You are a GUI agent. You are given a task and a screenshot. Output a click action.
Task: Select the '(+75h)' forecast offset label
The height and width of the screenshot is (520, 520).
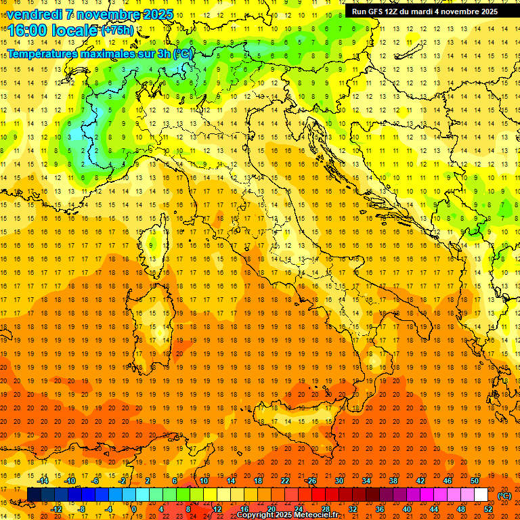coord(117,30)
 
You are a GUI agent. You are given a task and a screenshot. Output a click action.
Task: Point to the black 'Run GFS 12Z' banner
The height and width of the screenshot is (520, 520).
coord(425,11)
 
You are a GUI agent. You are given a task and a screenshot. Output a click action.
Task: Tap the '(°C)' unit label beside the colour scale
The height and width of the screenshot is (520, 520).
coord(505,495)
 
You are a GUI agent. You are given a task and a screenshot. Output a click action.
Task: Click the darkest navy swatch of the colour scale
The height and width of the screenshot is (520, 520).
coord(34,495)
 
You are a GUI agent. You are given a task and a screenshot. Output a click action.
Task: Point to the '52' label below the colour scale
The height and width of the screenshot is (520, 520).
coord(488,509)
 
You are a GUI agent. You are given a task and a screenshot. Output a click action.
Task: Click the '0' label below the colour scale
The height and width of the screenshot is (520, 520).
coord(135,509)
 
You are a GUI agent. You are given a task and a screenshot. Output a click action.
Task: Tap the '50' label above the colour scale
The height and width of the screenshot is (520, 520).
coord(475,481)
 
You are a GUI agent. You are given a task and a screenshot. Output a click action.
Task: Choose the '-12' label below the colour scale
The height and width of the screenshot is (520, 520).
coord(56,509)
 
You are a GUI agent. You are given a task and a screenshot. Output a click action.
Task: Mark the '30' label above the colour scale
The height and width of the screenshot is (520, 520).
coord(339,481)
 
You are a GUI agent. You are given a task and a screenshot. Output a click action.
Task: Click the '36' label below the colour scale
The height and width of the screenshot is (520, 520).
coord(379,509)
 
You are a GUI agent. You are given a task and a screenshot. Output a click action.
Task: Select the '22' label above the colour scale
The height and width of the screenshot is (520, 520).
coord(285,481)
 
